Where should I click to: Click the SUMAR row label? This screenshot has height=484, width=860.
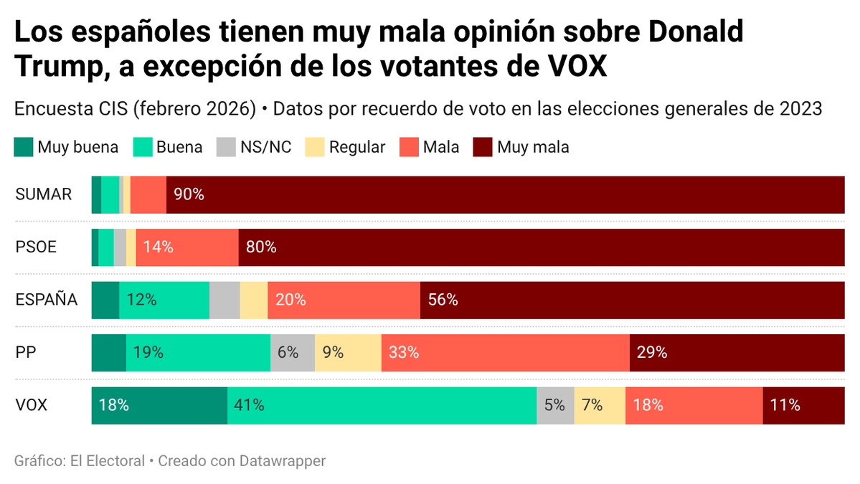pos(44,194)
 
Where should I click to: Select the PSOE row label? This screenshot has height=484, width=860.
pos(36,247)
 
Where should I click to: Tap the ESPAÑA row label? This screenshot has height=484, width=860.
pos(47,300)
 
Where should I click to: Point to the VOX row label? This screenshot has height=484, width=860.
pos(32,405)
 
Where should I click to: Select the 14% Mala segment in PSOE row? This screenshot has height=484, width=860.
pos(186,247)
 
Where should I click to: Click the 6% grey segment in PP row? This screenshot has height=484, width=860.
pos(293,352)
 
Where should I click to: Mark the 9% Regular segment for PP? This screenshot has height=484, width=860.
pos(348,352)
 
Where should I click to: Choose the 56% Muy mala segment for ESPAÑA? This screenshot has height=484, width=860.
pos(632,300)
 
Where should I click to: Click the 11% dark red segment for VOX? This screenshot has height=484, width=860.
pos(803,405)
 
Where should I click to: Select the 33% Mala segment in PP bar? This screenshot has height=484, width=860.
pos(505,352)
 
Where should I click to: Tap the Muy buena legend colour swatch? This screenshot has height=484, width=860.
pos(23,148)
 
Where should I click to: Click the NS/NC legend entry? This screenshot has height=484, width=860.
pos(265,148)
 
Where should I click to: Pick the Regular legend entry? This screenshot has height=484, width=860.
pos(356,148)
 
